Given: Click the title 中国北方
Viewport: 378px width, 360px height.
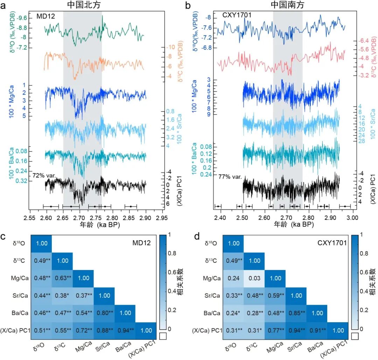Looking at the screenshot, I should click(x=83, y=5).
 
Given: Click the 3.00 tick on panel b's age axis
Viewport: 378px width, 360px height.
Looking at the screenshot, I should click(x=352, y=217).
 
